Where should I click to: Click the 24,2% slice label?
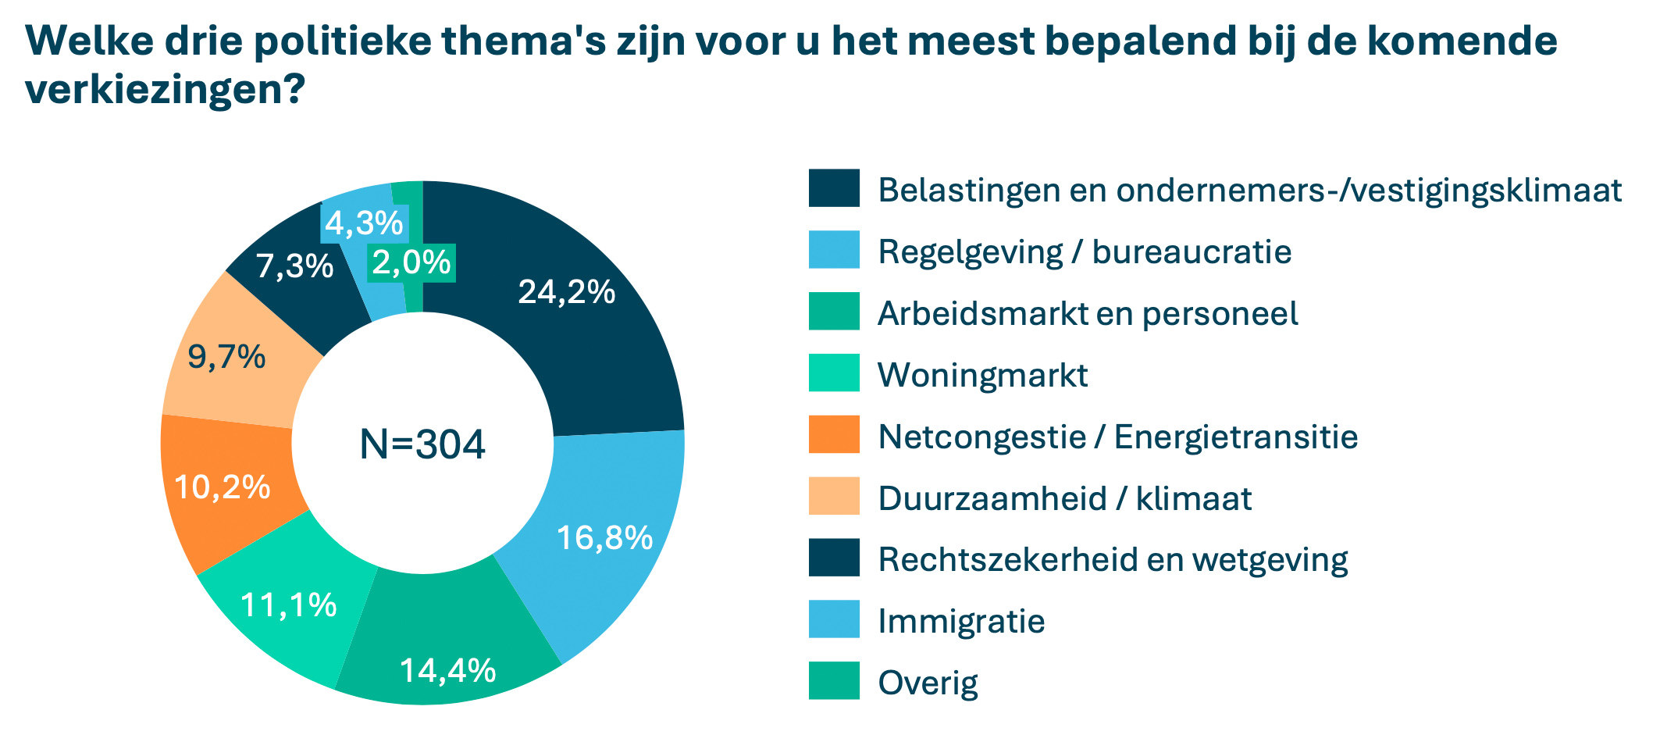(566, 292)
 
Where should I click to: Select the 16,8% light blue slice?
(604, 538)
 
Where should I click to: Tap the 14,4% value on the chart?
(447, 670)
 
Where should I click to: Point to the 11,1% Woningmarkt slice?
(288, 605)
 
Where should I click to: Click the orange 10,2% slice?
(223, 487)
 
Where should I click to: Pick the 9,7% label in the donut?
(226, 358)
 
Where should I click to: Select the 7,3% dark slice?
(294, 267)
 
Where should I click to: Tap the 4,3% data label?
(364, 224)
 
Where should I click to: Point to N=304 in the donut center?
(422, 444)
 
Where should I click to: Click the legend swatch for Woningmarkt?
(834, 373)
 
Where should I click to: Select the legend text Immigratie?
(961, 622)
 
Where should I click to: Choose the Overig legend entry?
(928, 683)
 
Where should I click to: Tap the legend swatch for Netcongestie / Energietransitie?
(834, 435)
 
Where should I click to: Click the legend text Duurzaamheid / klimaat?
(1064, 498)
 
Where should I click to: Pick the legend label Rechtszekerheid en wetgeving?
(1113, 560)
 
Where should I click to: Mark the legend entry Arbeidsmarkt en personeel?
(1088, 313)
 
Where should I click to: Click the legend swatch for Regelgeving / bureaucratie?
(834, 250)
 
